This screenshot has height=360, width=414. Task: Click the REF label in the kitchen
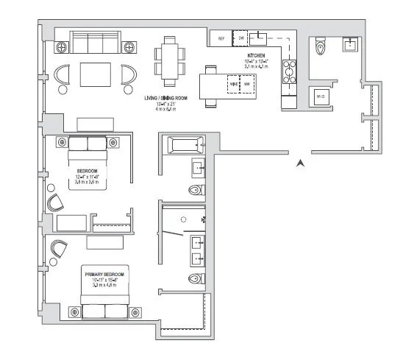click(x=220, y=38)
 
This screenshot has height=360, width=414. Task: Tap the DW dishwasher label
click(x=240, y=38)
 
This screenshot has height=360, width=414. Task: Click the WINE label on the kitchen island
click(x=235, y=85)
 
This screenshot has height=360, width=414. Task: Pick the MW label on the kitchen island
click(x=248, y=85)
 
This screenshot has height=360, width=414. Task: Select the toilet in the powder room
click(x=320, y=48)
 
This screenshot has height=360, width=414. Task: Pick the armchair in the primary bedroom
click(x=58, y=250)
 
